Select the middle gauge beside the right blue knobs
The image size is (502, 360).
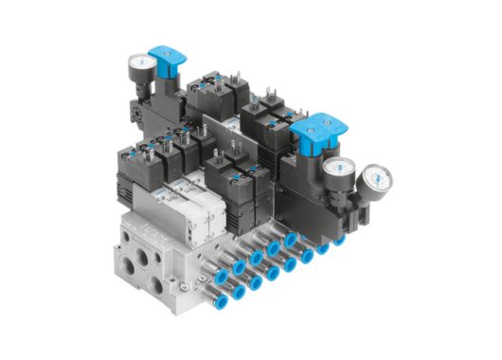[x=336, y=171]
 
